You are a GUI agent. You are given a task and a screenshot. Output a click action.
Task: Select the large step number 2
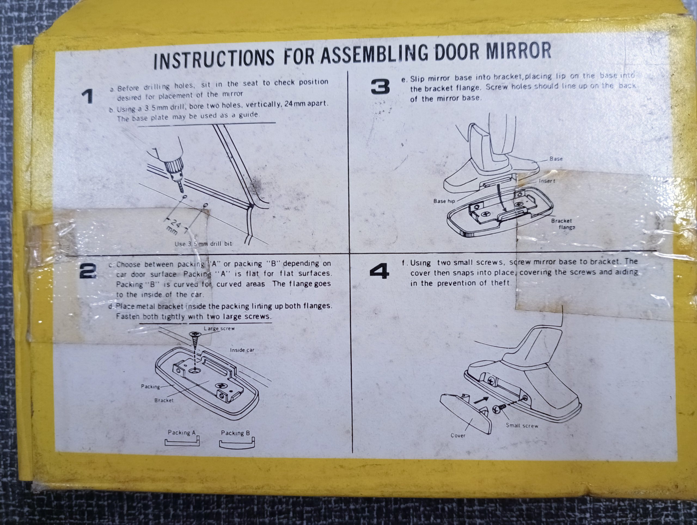pos(88,271)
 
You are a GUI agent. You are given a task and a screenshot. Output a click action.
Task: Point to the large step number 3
pos(381,87)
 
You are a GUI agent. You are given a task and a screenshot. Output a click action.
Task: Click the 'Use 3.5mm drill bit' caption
pos(203,244)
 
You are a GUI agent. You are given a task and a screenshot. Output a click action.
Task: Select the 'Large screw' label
pos(219,328)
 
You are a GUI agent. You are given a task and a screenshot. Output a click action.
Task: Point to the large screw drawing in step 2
pos(195,343)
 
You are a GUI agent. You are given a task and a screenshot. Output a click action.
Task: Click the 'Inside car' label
pos(242,350)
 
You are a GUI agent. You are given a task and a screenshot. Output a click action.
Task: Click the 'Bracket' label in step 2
pos(164,400)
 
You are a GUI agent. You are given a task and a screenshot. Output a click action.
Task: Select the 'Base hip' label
pos(444,201)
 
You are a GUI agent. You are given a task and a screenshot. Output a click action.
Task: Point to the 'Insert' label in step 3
pos(547,181)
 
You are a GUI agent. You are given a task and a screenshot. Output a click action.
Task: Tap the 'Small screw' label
pos(522,425)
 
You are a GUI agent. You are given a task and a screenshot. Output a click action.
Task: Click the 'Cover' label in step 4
pos(458,435)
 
